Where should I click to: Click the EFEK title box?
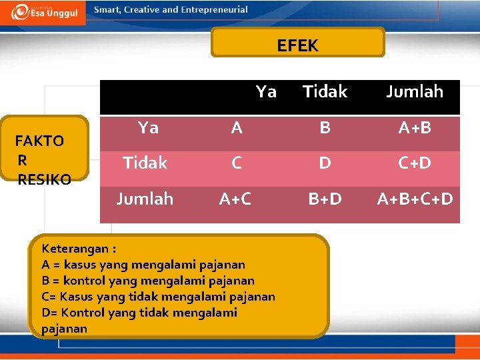pos(297,43)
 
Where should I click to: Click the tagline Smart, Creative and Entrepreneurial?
pos(171,10)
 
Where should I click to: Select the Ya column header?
pos(266,92)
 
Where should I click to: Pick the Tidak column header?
pos(325,92)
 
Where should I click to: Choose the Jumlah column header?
pos(414,92)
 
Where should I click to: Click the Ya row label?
pos(148,128)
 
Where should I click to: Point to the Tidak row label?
pos(145,163)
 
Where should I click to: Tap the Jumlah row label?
pos(145,199)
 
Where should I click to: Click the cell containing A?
pos(237,128)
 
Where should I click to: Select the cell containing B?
pos(325,128)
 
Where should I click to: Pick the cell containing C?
pos(237,163)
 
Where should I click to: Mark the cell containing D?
pos(325,163)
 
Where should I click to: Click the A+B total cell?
pos(414,128)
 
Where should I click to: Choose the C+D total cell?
pos(414,163)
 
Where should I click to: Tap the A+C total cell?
pos(236,199)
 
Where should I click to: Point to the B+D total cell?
pos(325,199)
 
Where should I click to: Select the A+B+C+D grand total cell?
pos(415,199)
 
